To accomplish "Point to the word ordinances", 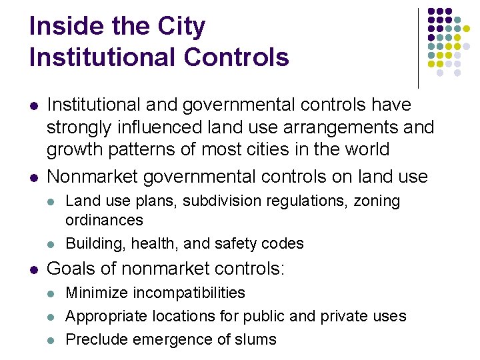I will coord(104,220).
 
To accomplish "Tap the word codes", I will coord(285,244).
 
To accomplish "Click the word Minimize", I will coord(95,293).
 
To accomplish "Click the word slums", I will coord(256,339).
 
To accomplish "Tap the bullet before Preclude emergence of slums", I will coord(52,340).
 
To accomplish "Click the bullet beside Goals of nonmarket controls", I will coord(33,269).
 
